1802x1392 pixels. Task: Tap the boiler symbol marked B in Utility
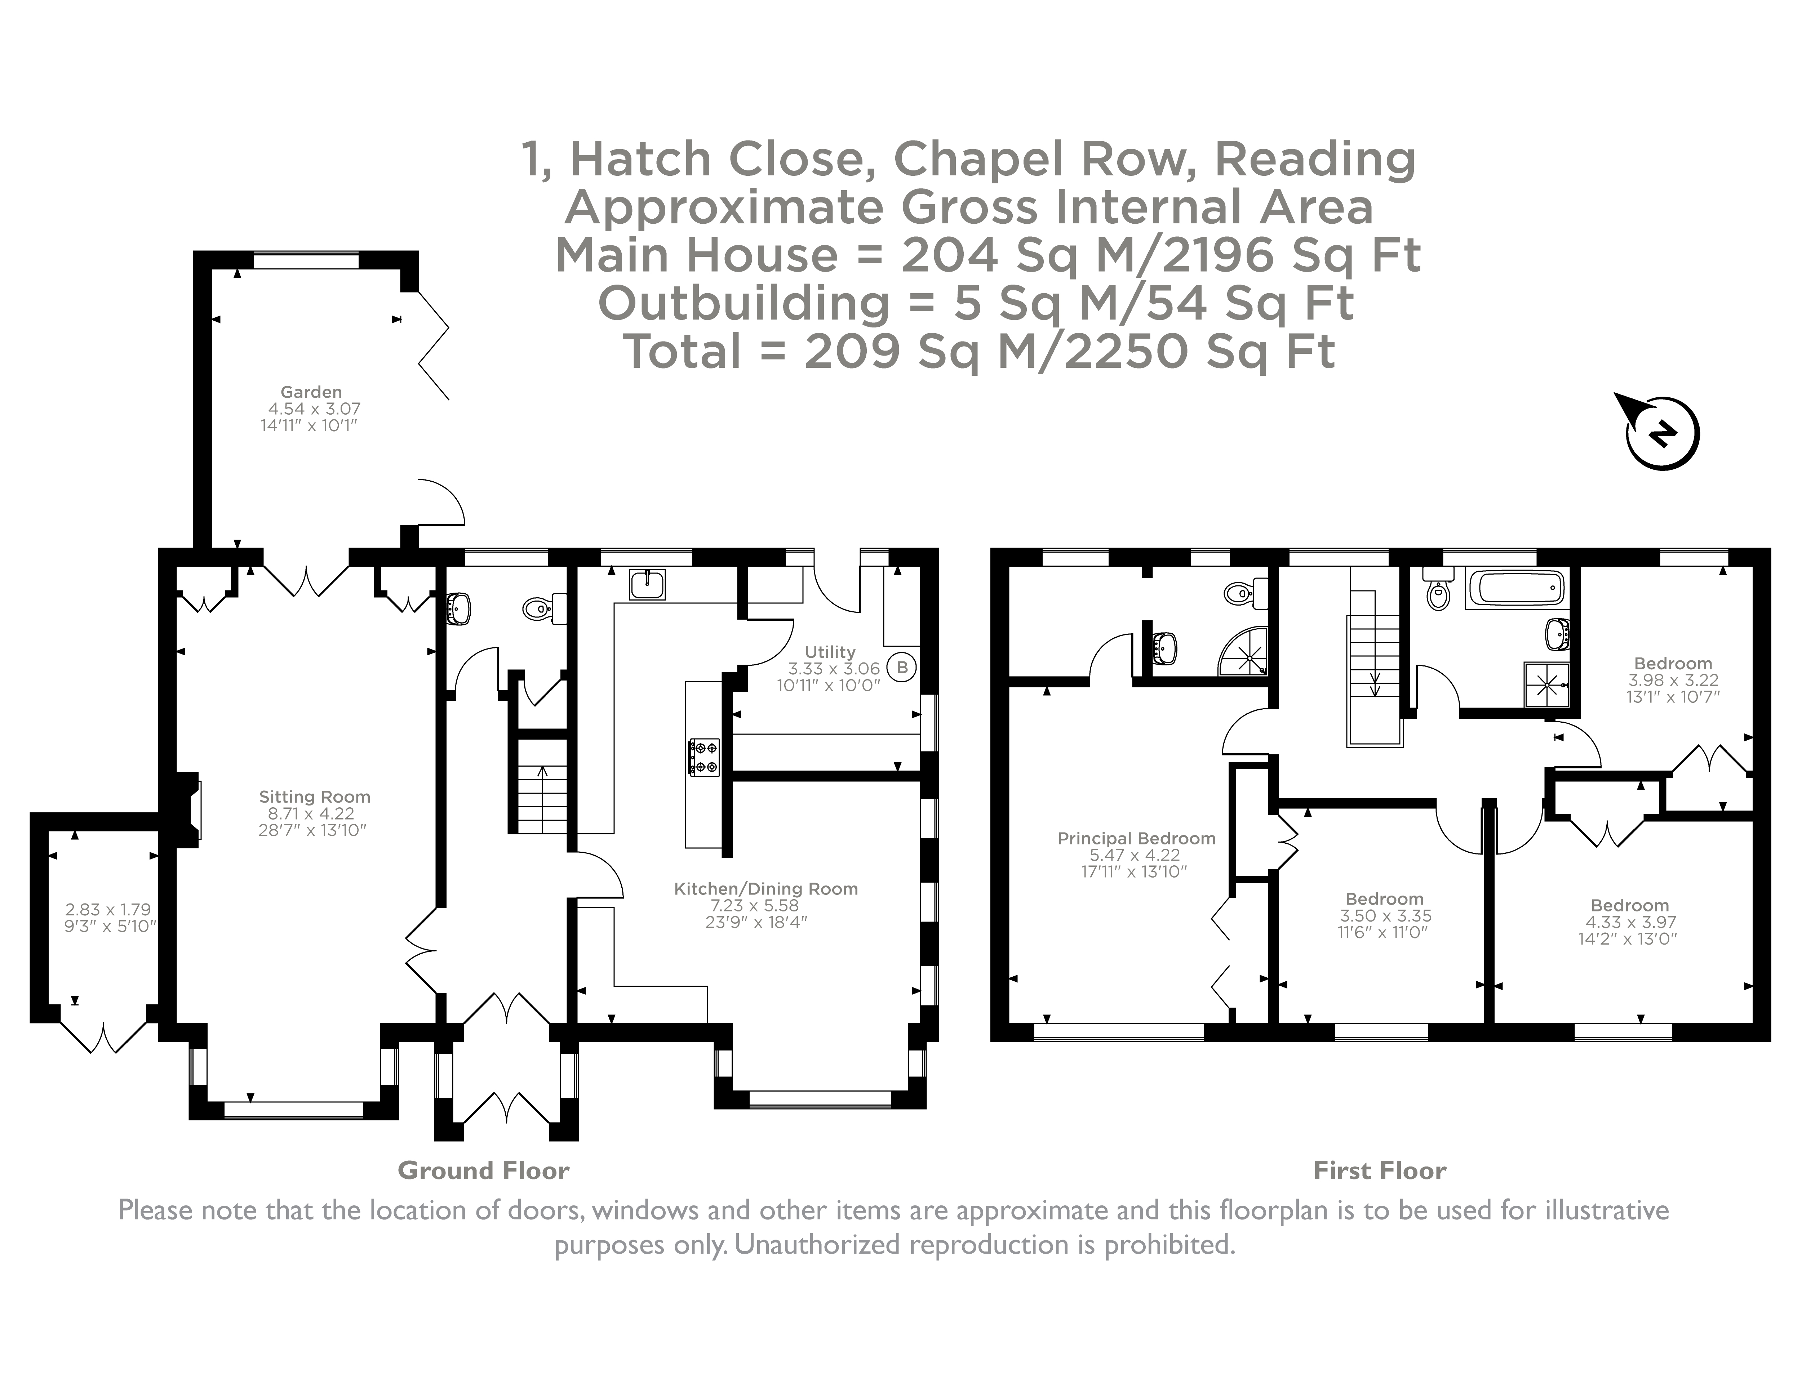pyautogui.click(x=902, y=667)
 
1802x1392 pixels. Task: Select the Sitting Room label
pyautogui.click(x=314, y=797)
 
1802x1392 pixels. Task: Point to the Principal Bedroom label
pyautogui.click(x=1136, y=838)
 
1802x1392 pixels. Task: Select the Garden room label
pyautogui.click(x=311, y=392)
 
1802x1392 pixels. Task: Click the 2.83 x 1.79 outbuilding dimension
pyautogui.click(x=108, y=910)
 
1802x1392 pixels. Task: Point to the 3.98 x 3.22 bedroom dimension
pyautogui.click(x=1673, y=681)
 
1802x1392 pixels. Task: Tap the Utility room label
pyautogui.click(x=830, y=651)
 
